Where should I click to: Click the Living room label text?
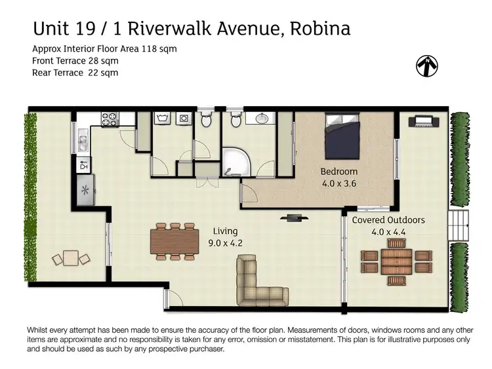click(x=225, y=231)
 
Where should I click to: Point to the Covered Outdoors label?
click(x=388, y=220)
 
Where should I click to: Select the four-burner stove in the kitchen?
click(x=109, y=120)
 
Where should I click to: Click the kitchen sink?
click(x=83, y=139)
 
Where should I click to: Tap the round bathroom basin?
click(x=261, y=119)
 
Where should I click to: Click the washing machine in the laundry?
click(x=163, y=120)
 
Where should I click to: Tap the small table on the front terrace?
click(x=70, y=258)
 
